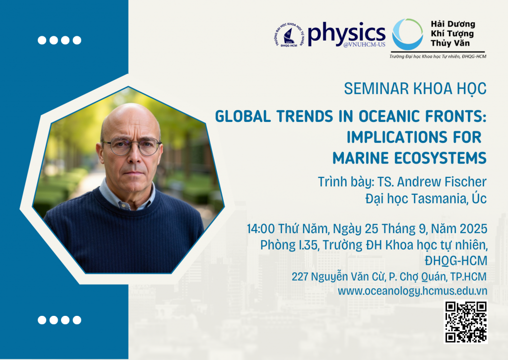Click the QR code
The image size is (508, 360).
coord(465,322)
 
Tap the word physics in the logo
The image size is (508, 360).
coord(346,33)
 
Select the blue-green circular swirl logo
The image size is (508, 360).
coord(407,34)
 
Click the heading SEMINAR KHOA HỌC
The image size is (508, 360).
coord(415,88)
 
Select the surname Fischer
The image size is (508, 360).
coord(465,182)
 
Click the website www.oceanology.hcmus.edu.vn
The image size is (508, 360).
coord(412,291)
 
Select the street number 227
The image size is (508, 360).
coord(300,277)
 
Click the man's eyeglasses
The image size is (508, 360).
coord(131,146)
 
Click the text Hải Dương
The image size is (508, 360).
coord(452,24)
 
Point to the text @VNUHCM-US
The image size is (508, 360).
coord(365,44)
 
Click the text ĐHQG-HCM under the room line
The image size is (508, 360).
coord(456,261)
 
